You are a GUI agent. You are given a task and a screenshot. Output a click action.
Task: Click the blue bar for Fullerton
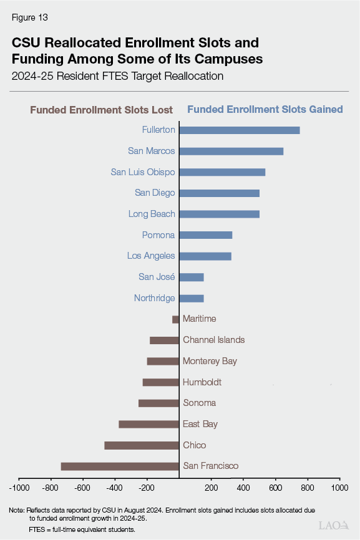point(240,130)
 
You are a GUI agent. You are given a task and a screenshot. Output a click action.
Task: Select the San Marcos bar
point(231,151)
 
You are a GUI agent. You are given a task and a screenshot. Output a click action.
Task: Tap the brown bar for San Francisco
point(120,466)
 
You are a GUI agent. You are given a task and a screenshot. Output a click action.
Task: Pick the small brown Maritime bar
point(175,319)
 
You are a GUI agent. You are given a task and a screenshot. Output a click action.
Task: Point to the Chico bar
point(142,445)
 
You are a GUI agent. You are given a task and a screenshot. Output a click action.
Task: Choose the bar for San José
point(192,277)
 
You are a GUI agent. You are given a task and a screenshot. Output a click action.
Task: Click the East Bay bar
point(148,424)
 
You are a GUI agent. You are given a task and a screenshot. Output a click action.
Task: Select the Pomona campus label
point(158,235)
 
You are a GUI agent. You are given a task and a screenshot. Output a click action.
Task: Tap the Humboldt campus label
point(202,382)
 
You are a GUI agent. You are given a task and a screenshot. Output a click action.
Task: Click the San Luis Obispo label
point(143,172)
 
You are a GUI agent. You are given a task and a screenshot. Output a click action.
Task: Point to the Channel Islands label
point(213,340)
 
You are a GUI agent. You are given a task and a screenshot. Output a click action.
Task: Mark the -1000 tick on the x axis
point(19,488)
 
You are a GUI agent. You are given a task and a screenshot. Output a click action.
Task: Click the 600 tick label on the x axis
point(275,488)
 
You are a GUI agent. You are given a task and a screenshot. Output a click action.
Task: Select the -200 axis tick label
point(147,488)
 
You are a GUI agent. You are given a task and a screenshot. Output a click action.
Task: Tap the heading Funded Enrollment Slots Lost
point(102,110)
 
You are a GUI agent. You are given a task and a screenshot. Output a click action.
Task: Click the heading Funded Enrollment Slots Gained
point(265,109)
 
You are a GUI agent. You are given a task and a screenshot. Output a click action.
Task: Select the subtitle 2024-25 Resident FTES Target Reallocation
point(117,77)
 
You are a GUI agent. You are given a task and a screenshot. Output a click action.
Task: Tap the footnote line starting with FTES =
point(81,529)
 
